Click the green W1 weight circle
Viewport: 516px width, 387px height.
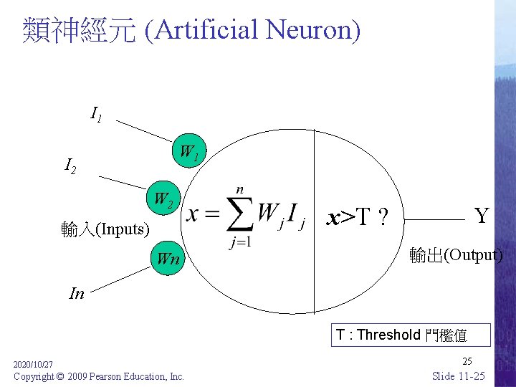pos(189,152)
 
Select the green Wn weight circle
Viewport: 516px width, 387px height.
pos(168,258)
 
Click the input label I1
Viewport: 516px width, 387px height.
pos(96,113)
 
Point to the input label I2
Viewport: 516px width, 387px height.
pos(71,168)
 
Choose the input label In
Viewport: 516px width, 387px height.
pos(76,292)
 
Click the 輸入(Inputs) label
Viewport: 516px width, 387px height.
pos(105,229)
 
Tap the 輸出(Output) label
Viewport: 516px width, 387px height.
pos(456,255)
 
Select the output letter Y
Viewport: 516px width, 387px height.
pos(482,214)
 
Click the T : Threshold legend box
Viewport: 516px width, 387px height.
pos(411,335)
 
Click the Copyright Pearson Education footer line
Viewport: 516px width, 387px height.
pos(99,376)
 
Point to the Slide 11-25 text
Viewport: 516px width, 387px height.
pos(459,376)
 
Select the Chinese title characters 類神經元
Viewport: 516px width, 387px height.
pos(79,30)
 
